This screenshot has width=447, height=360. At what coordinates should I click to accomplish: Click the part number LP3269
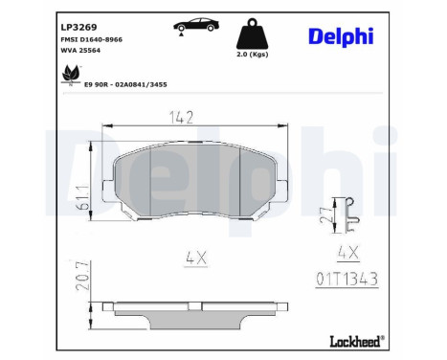[x=78, y=28]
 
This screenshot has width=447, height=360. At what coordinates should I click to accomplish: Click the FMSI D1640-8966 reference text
[x=92, y=39]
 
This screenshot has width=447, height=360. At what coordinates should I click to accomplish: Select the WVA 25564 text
[x=80, y=51]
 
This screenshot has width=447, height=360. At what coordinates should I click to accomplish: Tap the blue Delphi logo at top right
[x=341, y=36]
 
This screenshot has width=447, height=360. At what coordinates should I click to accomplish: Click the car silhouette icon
[x=196, y=25]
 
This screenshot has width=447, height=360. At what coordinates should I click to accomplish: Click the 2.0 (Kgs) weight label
[x=253, y=55]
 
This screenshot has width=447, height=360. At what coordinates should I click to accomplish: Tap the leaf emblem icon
[x=71, y=74]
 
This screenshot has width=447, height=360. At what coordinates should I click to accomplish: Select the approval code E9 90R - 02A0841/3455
[x=125, y=85]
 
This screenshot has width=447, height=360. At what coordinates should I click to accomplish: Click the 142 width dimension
[x=181, y=118]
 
